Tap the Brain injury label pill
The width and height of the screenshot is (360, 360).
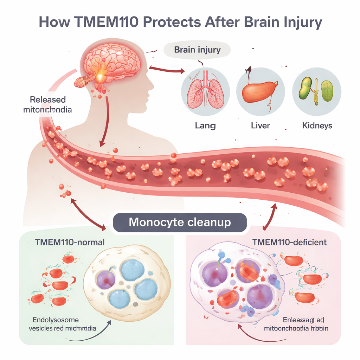click(x=197, y=50)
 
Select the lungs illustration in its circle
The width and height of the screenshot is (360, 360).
click(x=205, y=91)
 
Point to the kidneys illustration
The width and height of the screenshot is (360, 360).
click(x=316, y=90)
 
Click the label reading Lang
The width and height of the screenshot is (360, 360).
click(x=205, y=125)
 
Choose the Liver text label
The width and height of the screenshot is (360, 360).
click(x=261, y=125)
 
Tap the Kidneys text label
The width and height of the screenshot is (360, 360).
click(x=317, y=125)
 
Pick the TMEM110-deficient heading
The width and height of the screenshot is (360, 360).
click(x=289, y=242)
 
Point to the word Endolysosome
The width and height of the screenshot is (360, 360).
click(x=56, y=320)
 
